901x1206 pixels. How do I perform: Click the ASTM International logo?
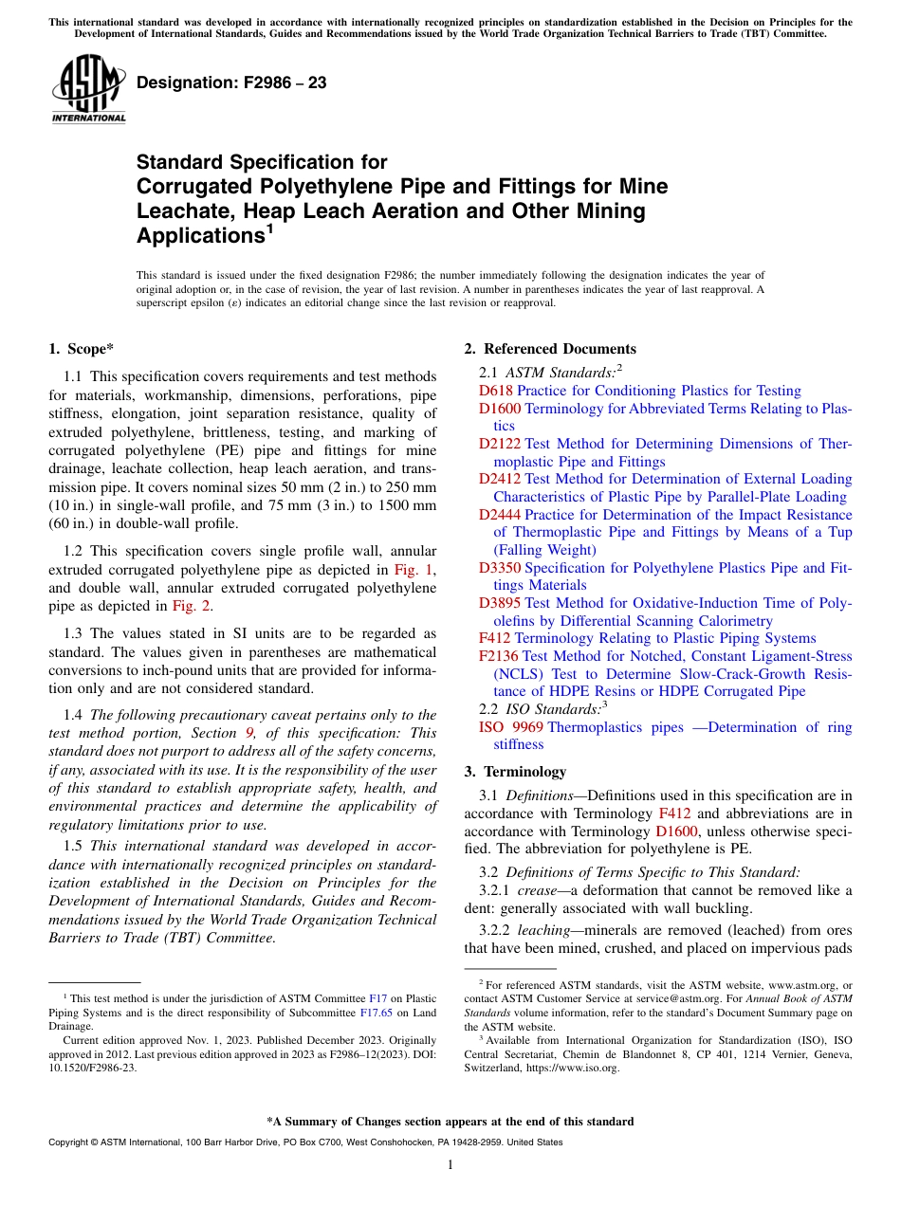pos(88,91)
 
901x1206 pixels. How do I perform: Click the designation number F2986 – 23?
pos(231,82)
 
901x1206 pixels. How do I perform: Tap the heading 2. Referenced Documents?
pos(550,349)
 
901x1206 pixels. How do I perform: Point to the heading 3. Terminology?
pos(514,771)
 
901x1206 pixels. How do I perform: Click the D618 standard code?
pos(495,391)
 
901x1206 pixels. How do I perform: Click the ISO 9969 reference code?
pos(510,727)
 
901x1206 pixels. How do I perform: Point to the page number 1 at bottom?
pos(450,1165)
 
